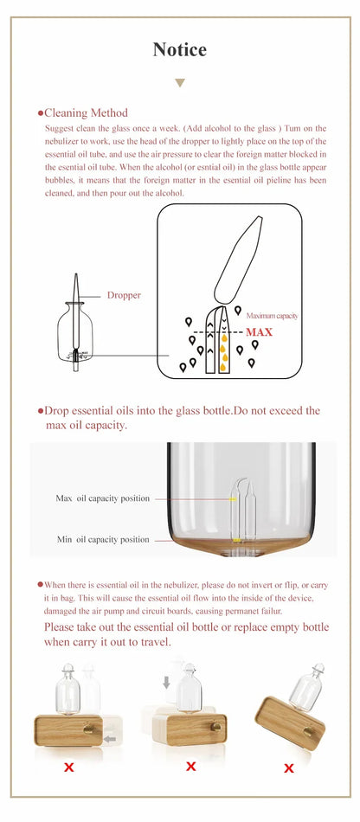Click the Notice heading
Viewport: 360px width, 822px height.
coord(180,49)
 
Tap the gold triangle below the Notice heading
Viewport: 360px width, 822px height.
coord(180,83)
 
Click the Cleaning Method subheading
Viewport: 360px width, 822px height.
coord(86,112)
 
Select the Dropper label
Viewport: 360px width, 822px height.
coord(124,295)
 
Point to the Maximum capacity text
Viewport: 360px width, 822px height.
coord(272,316)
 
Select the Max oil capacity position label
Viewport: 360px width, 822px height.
coord(103,498)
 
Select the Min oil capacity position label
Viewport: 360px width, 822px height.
coord(103,539)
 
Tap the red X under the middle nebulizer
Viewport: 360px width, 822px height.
coord(190,766)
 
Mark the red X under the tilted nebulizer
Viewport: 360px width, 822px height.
coord(289,767)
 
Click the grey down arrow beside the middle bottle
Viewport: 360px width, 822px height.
coord(166,683)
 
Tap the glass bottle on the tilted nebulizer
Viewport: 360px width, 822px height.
coord(307,686)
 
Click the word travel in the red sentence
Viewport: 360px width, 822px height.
coord(155,643)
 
